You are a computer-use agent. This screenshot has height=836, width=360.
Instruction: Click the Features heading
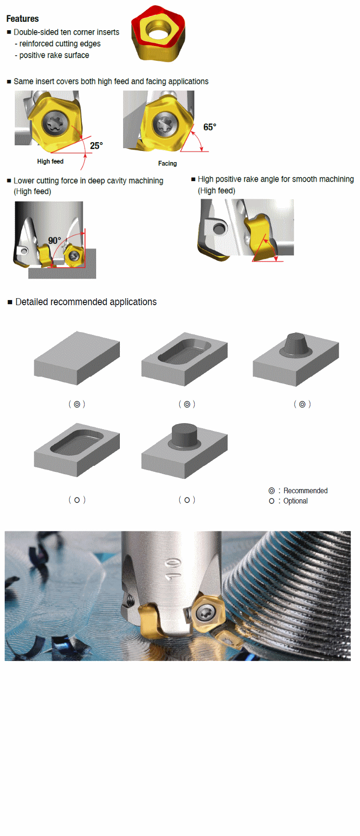click(x=22, y=19)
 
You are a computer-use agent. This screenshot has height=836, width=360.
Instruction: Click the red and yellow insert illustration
click(x=158, y=33)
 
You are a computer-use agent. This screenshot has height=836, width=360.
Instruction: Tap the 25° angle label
click(x=96, y=145)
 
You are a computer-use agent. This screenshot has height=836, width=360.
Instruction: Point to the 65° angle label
click(x=209, y=127)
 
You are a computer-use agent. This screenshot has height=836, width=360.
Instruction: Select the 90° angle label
click(x=54, y=240)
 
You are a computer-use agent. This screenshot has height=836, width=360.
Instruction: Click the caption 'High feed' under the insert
click(x=50, y=161)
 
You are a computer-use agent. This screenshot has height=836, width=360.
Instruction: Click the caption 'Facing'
click(x=167, y=163)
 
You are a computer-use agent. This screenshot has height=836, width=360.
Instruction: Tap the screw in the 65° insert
click(x=165, y=124)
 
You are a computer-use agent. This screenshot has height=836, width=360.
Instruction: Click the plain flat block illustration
click(x=77, y=358)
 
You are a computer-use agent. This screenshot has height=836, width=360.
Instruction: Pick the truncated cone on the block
click(x=296, y=344)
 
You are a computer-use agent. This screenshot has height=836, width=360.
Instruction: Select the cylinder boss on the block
click(x=184, y=435)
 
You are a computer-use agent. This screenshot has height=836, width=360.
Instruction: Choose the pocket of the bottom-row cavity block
click(x=77, y=442)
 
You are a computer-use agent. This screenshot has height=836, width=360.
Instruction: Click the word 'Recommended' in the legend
click(x=305, y=490)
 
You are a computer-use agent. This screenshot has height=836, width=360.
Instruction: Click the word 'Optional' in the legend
click(x=295, y=501)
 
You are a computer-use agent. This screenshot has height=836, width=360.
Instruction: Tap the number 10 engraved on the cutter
click(x=173, y=569)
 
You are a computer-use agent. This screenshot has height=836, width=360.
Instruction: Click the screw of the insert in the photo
click(x=204, y=613)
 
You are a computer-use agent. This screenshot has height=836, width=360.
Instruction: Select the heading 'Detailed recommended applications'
click(x=86, y=302)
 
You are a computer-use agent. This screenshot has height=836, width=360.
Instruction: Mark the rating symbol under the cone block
click(x=302, y=404)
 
